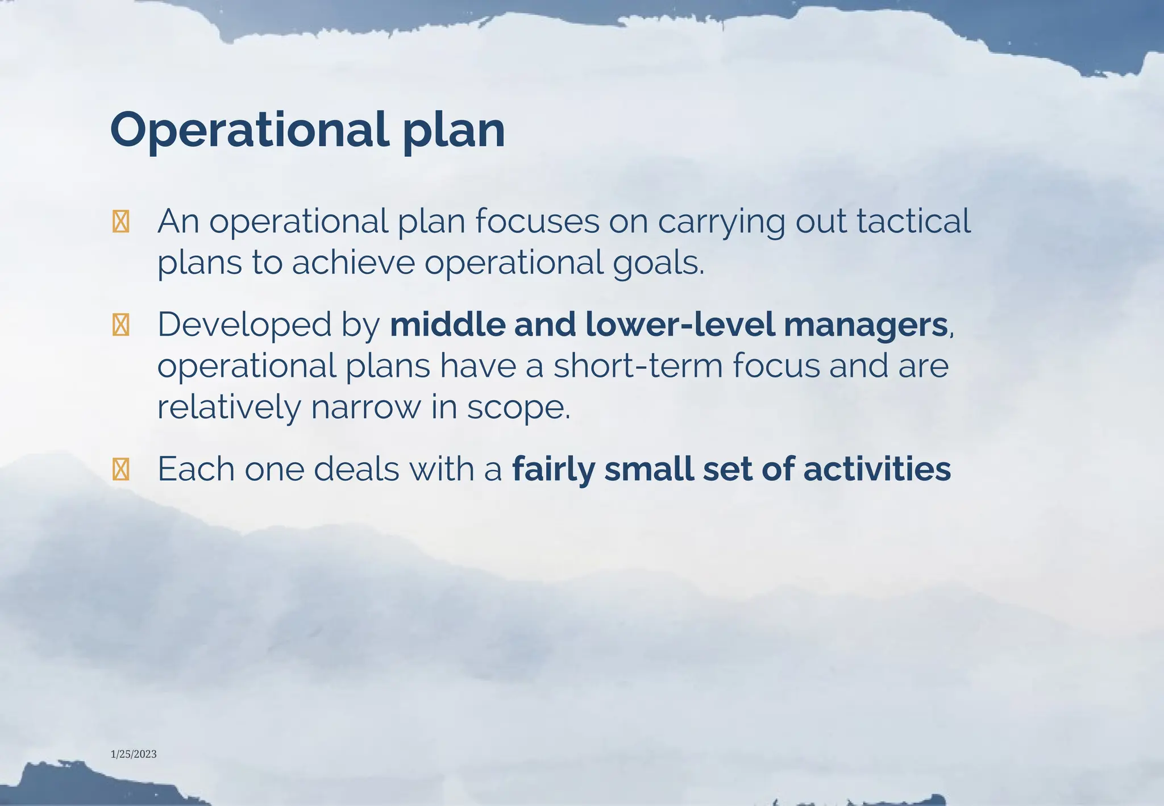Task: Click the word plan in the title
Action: coord(454,132)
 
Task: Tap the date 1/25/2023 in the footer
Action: coord(134,754)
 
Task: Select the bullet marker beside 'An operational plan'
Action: coord(120,222)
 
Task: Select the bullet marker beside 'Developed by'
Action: coord(120,325)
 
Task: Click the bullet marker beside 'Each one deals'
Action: coord(120,470)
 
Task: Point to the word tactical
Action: coord(913,221)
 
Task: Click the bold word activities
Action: coord(877,469)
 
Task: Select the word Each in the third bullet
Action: coord(196,469)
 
